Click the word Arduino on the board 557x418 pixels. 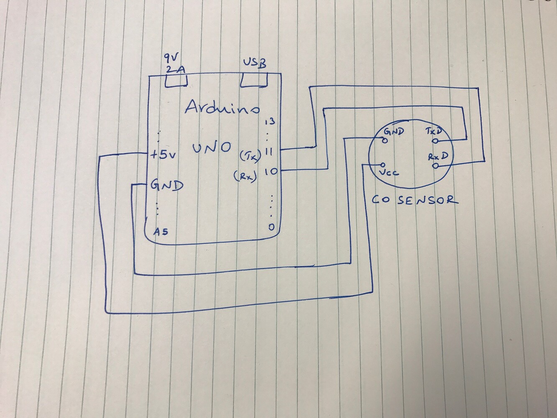pos(222,108)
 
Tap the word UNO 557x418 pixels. pos(212,148)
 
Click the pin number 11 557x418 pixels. pos(269,152)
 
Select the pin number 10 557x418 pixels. pos(271,172)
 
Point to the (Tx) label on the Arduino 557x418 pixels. pos(250,155)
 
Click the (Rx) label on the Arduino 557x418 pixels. pos(245,176)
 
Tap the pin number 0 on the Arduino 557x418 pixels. pos(271,227)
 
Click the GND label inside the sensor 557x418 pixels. pos(394,132)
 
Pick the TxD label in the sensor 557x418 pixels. pos(433,131)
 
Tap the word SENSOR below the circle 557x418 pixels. pos(428,200)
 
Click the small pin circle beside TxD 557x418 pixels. pos(435,141)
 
